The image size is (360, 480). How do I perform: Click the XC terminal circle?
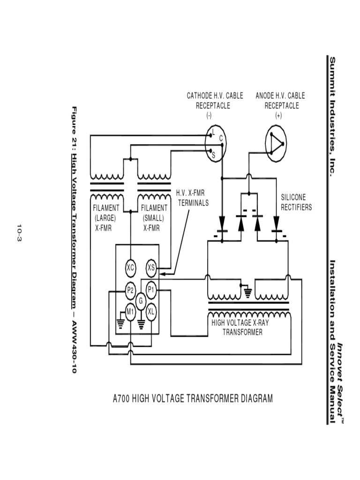pos(131,268)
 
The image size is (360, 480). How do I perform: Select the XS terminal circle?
pos(151,268)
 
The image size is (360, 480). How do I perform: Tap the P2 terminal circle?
pos(131,290)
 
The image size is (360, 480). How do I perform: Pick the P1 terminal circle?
pos(151,290)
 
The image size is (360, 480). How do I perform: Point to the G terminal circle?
pos(141,300)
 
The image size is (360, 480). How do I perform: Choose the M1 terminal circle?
pos(131,311)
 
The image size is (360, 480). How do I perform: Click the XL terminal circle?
pos(151,311)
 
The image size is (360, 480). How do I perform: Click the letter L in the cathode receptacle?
pos(213,133)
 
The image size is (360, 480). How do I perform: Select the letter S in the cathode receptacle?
pos(213,155)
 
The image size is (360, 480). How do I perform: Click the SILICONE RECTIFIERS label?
pos(296,202)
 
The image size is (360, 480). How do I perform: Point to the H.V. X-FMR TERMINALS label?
pos(192,198)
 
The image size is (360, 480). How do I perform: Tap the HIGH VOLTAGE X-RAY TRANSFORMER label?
pos(242,327)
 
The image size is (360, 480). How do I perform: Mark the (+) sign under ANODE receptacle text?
pos(279,116)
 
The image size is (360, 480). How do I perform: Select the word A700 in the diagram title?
pos(122,399)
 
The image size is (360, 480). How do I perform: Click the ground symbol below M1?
pos(120,323)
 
